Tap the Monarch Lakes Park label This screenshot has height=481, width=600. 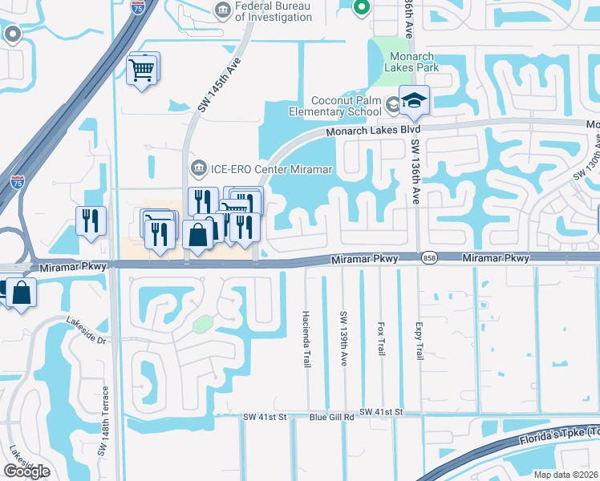(412, 63)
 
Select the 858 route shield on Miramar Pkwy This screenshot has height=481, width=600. (430, 257)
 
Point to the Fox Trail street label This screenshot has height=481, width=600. (380, 339)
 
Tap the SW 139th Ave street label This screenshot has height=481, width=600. (343, 340)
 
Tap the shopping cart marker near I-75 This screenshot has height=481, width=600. (142, 70)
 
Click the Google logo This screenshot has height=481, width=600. (26, 471)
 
